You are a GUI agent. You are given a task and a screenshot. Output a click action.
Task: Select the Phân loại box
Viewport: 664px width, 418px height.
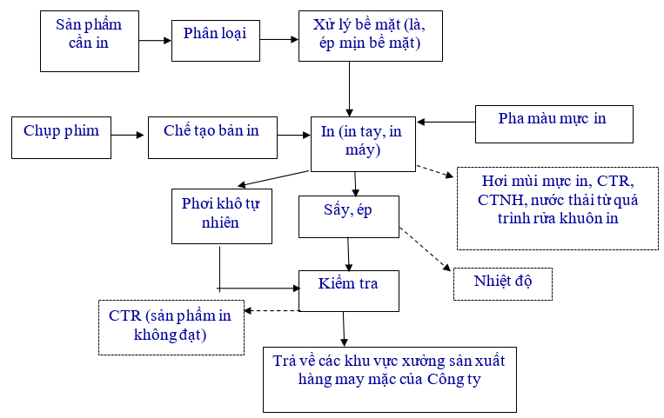click(x=215, y=39)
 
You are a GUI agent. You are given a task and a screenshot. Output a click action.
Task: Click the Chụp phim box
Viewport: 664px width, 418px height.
click(x=61, y=136)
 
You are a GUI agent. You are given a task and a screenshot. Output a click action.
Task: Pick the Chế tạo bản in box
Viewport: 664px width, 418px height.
click(x=211, y=136)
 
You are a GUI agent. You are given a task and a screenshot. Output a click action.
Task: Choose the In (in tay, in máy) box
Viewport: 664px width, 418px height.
click(x=363, y=143)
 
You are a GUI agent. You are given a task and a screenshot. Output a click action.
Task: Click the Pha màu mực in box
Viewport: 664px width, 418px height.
click(x=553, y=123)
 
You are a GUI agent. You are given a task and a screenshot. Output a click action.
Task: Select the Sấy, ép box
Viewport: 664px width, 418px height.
click(x=348, y=216)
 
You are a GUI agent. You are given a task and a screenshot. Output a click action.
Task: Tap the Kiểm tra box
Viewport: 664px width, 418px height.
click(x=348, y=290)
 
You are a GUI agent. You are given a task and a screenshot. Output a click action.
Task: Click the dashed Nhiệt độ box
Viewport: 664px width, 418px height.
click(x=502, y=283)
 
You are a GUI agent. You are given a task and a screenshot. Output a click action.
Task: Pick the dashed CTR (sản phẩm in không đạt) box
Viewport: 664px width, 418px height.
click(x=171, y=327)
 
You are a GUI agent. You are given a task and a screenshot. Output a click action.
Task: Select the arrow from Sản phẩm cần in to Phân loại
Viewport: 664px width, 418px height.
click(x=155, y=40)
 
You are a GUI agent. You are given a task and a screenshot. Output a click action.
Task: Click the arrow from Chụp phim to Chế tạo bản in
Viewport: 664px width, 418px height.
click(x=130, y=135)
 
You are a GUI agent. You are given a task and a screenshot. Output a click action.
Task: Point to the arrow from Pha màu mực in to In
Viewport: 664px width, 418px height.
click(x=446, y=123)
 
